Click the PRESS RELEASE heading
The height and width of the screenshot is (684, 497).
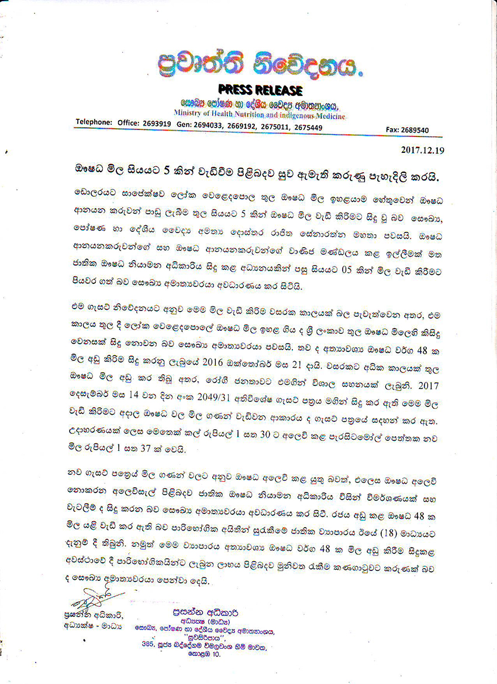coord(260,90)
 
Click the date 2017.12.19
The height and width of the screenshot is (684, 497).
coord(423,150)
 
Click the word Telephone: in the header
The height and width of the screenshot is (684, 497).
coord(94,122)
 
